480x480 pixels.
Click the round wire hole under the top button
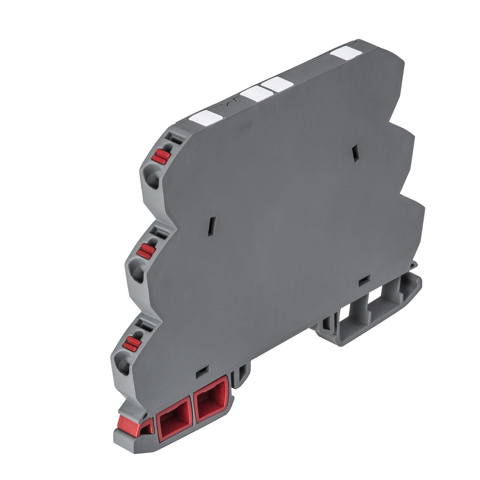[x=152, y=176]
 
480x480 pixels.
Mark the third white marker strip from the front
[x=278, y=84]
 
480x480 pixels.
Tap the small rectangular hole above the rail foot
[x=364, y=281]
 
